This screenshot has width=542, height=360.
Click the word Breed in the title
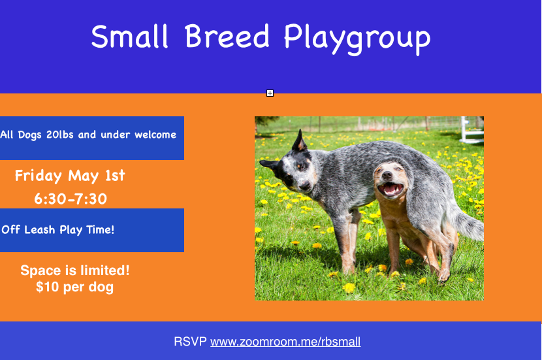[227, 36]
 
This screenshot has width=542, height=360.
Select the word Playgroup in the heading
[357, 39]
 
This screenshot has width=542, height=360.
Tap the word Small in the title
[130, 36]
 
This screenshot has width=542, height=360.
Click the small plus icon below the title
[270, 93]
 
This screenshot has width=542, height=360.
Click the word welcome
[155, 135]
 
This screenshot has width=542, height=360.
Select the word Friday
[39, 176]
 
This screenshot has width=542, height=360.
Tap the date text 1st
[115, 176]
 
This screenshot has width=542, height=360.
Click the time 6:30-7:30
[71, 199]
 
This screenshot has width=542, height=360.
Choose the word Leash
[39, 229]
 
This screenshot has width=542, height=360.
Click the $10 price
[48, 287]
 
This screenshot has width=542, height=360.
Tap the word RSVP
[190, 341]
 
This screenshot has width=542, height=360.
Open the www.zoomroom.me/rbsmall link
[285, 342]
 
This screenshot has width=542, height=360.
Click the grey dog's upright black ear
[299, 140]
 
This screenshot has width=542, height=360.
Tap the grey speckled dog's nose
[304, 187]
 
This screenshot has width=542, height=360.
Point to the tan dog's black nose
[387, 174]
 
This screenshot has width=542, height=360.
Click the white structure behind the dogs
[471, 131]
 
